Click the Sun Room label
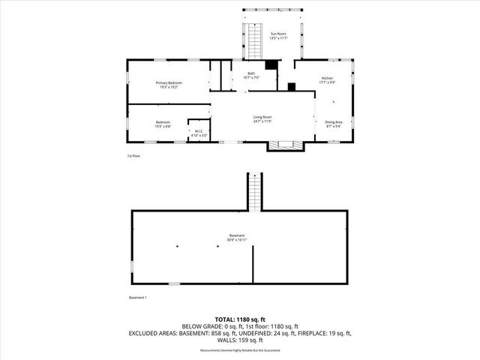point(278,35)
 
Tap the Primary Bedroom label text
point(169,84)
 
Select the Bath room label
point(252,76)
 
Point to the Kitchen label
point(326,80)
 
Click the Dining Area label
point(333,124)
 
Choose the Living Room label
point(262,118)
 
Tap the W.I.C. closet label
point(199,133)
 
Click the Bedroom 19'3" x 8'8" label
point(163,124)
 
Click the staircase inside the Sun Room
point(254,44)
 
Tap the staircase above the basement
point(256,191)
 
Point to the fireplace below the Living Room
point(283,145)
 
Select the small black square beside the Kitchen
point(291,87)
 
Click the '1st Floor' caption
point(133,156)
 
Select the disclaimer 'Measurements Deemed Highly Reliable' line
point(239,351)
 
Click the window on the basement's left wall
point(132,265)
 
